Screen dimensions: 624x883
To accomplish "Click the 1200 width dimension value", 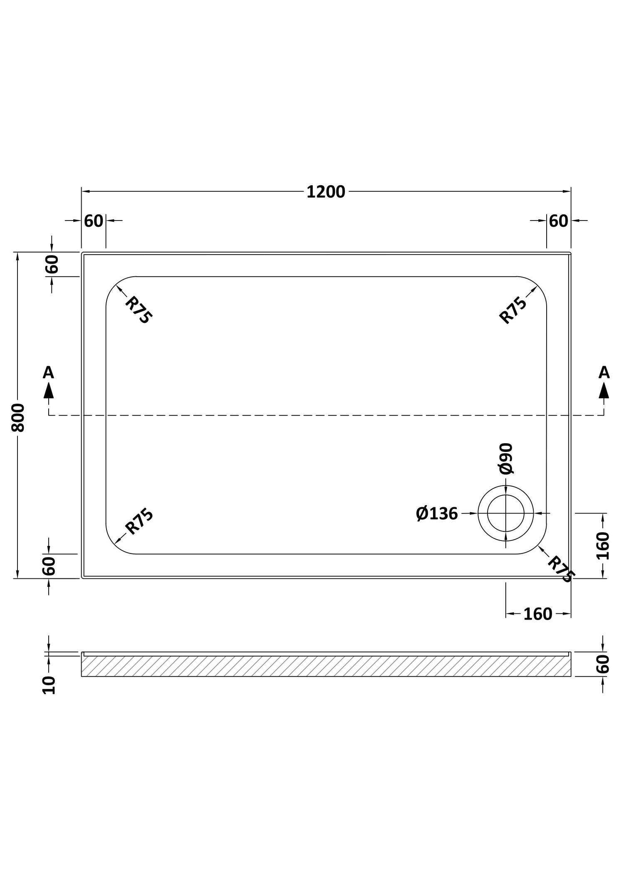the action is tap(326, 192).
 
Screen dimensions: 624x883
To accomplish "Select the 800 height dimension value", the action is tap(18, 417).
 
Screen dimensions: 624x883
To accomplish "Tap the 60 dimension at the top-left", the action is tap(94, 221).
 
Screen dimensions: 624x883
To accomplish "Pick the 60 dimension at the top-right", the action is tap(558, 221).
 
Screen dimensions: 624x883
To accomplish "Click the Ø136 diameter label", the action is tap(437, 514).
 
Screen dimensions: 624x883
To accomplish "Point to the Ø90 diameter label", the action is tap(506, 459).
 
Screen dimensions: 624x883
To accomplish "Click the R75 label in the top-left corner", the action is tap(139, 310).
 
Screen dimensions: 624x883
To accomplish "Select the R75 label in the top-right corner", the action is tap(513, 310).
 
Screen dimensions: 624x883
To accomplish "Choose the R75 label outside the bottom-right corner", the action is tap(561, 570).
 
